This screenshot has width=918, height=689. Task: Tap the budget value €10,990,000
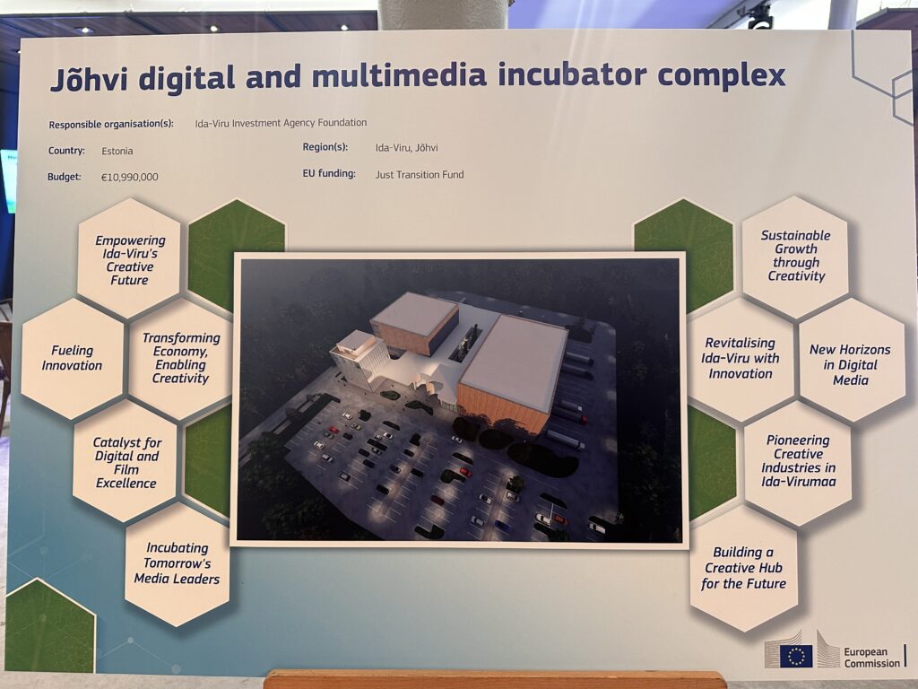click(x=129, y=177)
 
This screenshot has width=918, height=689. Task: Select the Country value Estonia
click(x=117, y=151)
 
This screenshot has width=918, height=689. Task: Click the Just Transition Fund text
click(x=420, y=175)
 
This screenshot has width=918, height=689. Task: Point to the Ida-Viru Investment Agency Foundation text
click(x=281, y=123)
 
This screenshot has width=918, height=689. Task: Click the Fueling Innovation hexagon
click(x=72, y=358)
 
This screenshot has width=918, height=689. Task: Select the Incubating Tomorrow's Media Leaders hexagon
click(x=177, y=563)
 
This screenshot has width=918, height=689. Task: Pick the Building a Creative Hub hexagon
click(x=743, y=568)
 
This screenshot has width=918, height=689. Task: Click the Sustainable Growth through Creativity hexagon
click(x=795, y=256)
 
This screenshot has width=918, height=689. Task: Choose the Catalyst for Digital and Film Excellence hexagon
click(x=126, y=462)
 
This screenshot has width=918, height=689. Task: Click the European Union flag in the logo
click(x=796, y=656)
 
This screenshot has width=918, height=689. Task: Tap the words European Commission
click(x=871, y=658)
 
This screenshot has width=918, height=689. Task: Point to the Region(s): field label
click(x=325, y=147)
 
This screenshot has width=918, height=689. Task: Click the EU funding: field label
click(x=329, y=174)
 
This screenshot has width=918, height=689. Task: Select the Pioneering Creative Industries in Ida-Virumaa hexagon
click(x=798, y=461)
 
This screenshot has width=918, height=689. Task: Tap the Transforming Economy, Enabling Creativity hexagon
click(x=180, y=358)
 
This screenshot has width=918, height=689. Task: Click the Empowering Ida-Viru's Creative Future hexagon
click(x=129, y=259)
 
